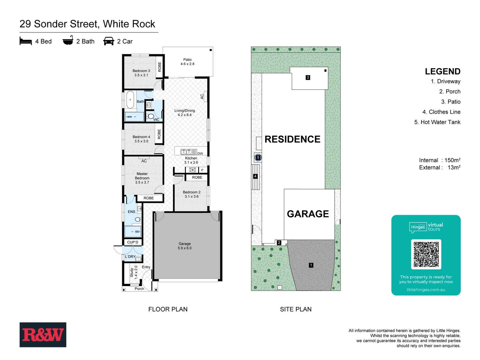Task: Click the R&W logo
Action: [x=43, y=335]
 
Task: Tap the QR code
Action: [x=426, y=254]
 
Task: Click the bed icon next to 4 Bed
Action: [x=26, y=41]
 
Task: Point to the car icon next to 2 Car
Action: [x=109, y=41]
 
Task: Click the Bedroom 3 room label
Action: [x=141, y=73]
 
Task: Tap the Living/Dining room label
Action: [x=184, y=113]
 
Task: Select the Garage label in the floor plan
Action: [x=184, y=246]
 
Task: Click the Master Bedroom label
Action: [x=142, y=178]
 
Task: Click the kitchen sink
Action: [x=188, y=152]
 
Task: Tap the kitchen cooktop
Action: [x=193, y=170]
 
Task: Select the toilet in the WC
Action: [x=150, y=116]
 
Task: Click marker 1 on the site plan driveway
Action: [x=311, y=265]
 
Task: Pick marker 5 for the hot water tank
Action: [x=258, y=158]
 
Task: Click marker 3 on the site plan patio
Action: [x=308, y=77]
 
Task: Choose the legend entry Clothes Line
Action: [x=441, y=112]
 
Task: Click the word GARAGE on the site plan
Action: [x=308, y=214]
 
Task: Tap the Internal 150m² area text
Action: [x=440, y=160]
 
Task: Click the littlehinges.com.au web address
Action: [x=426, y=290]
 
